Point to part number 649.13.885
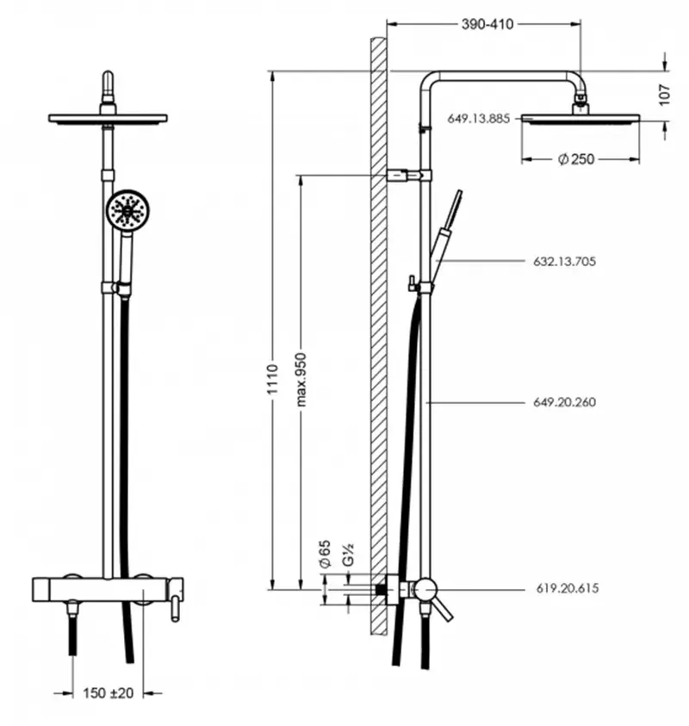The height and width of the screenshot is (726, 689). [479, 120]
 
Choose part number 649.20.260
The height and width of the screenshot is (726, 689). [564, 401]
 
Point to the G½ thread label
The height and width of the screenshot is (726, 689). [349, 554]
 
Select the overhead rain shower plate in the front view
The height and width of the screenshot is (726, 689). [108, 118]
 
